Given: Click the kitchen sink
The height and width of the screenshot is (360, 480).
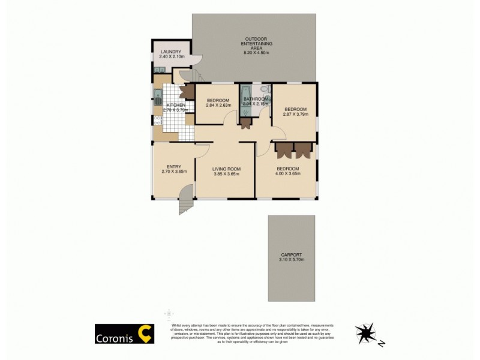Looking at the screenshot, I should point(157,95).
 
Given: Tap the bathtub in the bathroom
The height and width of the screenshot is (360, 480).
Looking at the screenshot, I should point(245,98).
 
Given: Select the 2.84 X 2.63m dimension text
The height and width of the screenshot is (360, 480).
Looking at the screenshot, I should point(218,106).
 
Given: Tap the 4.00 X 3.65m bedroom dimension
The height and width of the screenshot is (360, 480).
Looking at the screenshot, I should point(287,174).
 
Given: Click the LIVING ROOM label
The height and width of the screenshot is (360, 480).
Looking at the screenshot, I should point(226,169).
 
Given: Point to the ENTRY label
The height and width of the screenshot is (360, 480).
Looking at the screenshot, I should point(174,167).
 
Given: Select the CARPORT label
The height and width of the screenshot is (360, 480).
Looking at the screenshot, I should point(291,254).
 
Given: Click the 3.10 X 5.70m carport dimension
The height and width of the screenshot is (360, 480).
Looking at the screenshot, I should point(292,260).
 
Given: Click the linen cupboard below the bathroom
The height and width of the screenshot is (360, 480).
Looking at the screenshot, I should point(245,123).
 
